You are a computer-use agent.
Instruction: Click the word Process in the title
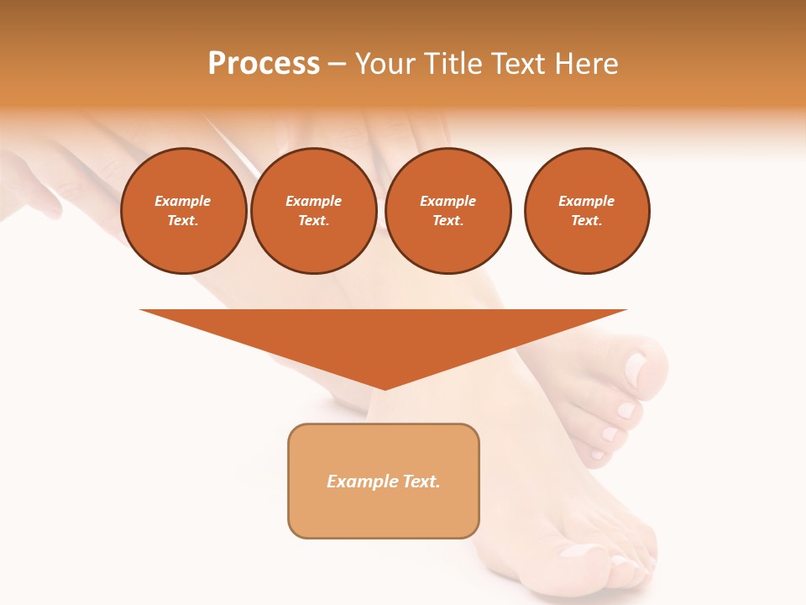coord(264,64)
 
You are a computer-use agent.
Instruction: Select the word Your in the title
coord(387,64)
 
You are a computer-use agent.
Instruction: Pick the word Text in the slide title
coord(519,64)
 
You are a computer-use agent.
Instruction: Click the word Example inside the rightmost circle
coord(586,201)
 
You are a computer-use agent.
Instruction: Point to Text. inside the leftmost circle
coord(183,221)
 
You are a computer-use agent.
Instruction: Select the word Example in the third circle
coord(447,201)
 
